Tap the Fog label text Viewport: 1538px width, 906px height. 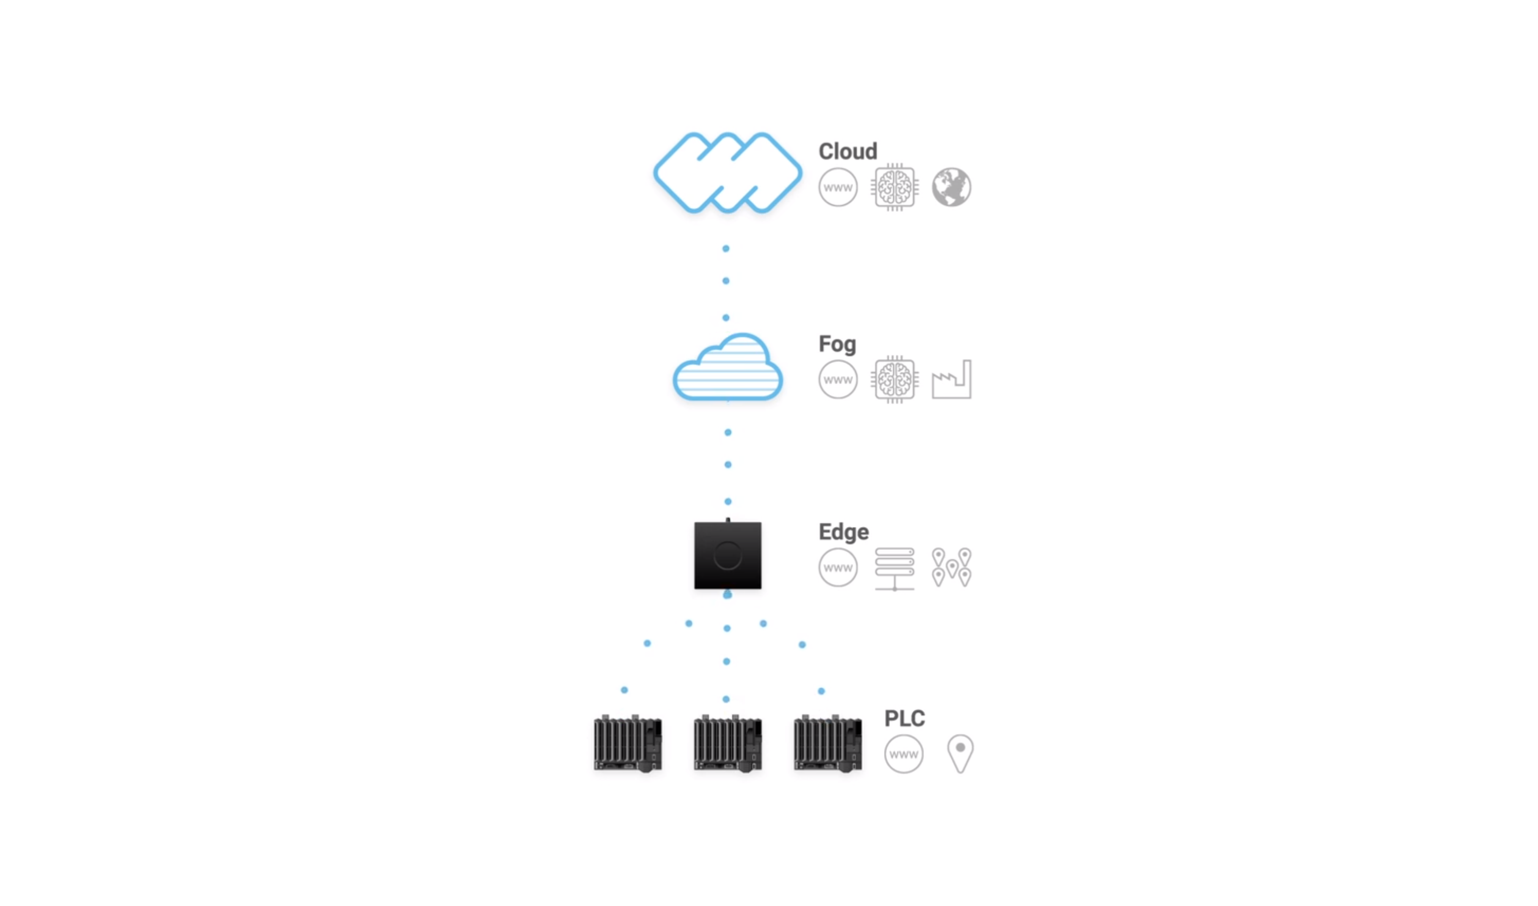click(837, 344)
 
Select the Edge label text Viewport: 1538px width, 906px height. click(843, 532)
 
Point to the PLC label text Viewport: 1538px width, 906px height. click(904, 718)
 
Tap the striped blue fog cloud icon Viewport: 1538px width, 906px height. click(727, 367)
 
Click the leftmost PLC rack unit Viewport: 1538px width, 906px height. click(628, 742)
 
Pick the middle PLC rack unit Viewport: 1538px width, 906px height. click(727, 742)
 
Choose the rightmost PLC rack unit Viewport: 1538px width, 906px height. click(827, 742)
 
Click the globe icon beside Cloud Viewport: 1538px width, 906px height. click(951, 187)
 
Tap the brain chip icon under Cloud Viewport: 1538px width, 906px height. click(895, 187)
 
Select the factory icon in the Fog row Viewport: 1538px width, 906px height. click(951, 380)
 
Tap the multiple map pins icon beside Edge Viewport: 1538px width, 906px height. click(951, 567)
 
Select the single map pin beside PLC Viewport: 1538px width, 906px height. click(960, 753)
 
